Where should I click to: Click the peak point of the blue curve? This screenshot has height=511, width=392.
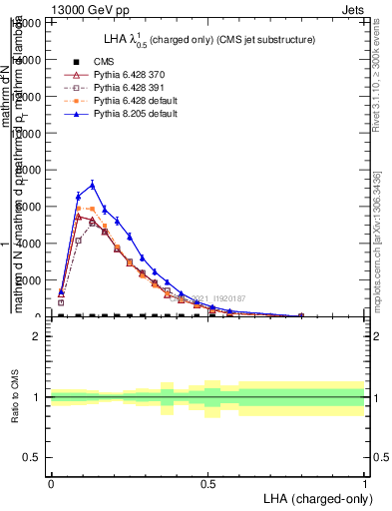[93, 185]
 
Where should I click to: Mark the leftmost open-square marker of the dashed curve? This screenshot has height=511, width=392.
[62, 302]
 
